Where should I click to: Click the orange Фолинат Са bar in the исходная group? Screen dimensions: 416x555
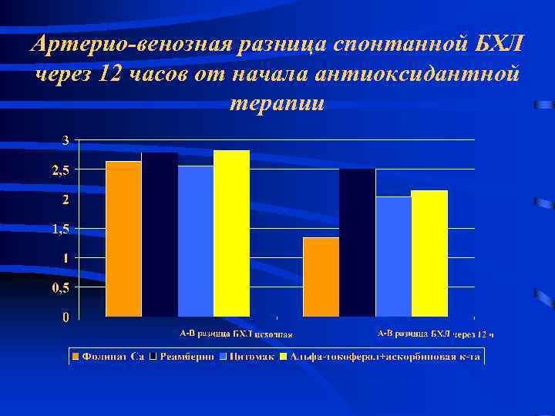[x=123, y=239]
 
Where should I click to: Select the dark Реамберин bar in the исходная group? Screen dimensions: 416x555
[x=160, y=235]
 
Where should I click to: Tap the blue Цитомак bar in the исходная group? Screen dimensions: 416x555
[x=196, y=241]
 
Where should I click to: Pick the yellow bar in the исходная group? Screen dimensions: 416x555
[x=231, y=233]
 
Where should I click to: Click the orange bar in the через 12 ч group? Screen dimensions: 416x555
[x=321, y=277]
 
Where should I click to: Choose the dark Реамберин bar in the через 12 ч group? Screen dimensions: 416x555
[x=357, y=243]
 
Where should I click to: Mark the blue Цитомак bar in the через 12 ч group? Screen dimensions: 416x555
[x=393, y=257]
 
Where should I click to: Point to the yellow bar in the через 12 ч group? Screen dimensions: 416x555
[x=429, y=253]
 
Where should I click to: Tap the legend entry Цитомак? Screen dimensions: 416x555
[x=249, y=357]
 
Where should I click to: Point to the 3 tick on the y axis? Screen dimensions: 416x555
[x=66, y=140]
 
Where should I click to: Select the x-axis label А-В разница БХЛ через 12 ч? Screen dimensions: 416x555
[x=435, y=334]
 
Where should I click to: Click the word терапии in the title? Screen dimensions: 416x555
[x=277, y=102]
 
